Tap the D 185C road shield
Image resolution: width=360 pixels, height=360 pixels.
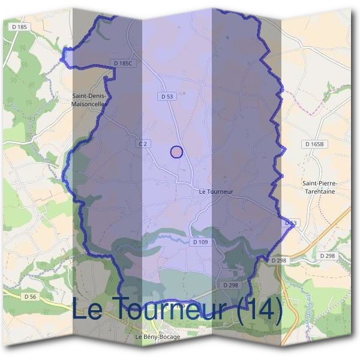click(x=122, y=63)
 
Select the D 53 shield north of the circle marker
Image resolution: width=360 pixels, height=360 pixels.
click(x=167, y=96)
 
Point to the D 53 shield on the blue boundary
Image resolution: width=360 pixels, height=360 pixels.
click(x=290, y=223)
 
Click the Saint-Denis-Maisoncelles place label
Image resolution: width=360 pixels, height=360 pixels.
click(x=89, y=100)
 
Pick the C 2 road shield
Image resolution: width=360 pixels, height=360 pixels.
click(x=142, y=144)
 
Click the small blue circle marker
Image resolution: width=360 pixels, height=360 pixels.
click(x=176, y=152)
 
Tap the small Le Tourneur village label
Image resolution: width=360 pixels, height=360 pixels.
click(x=215, y=192)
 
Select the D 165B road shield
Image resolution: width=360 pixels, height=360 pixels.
click(x=314, y=145)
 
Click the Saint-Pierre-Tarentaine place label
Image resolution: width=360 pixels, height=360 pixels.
click(x=319, y=187)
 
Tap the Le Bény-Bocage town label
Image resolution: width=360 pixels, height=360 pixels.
click(x=158, y=337)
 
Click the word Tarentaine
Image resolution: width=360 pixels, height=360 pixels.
click(x=319, y=191)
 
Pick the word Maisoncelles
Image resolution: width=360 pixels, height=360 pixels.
click(x=89, y=104)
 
